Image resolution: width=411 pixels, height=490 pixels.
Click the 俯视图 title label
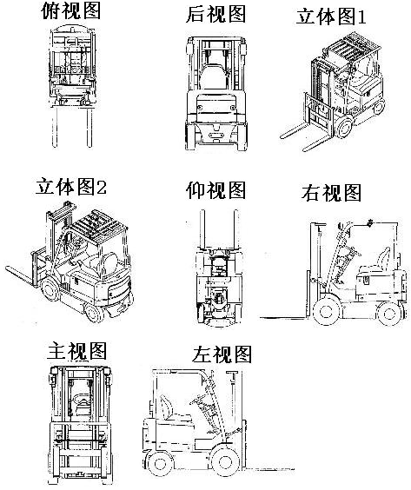coord(71,11)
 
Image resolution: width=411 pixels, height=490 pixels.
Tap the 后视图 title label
coord(216,15)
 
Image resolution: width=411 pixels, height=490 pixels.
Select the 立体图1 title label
coord(331,17)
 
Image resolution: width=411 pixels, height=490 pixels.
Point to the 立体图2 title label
coord(71,187)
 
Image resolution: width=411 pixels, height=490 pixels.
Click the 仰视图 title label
coord(216,190)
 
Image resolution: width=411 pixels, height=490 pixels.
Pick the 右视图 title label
coord(331,193)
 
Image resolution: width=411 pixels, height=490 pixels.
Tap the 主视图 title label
coord(76,351)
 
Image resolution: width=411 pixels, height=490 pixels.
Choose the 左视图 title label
coord(222,354)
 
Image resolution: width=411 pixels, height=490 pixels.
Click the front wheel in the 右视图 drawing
coord(327,311)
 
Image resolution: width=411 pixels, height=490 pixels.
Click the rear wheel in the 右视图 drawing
coord(389,313)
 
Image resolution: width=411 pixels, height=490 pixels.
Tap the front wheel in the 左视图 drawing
coord(225,461)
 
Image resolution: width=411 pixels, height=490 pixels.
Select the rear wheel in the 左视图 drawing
coord(159,463)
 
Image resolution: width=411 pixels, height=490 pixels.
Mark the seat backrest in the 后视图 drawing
coord(214,76)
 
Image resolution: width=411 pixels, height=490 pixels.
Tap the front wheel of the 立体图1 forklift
coord(344,127)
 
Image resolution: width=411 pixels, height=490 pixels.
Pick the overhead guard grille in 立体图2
coord(99,224)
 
